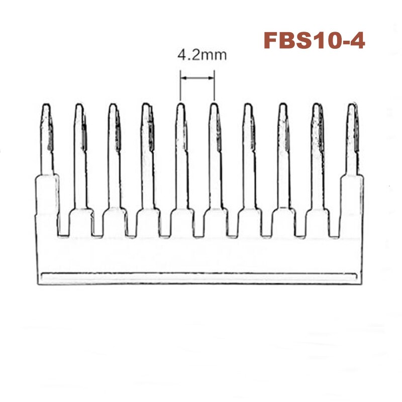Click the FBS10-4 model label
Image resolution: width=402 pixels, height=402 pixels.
[314, 40]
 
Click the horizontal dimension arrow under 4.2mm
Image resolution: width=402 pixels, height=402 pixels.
[197, 78]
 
